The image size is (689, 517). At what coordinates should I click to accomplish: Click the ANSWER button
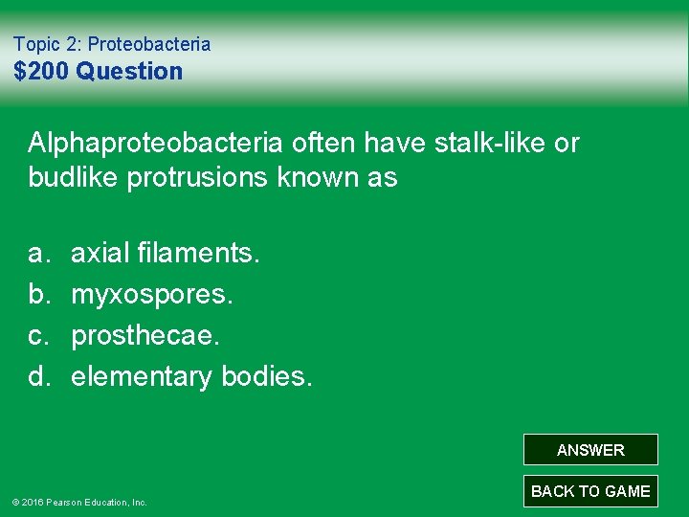tap(590, 450)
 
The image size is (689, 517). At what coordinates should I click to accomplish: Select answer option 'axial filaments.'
tap(165, 254)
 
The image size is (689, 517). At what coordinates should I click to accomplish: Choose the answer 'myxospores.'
tap(151, 295)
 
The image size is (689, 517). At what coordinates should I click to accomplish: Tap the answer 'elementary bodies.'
tap(191, 377)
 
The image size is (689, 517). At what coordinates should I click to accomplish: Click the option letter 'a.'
tap(39, 254)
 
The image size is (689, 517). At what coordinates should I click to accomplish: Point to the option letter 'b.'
tap(39, 295)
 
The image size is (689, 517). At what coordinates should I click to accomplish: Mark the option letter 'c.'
tap(39, 336)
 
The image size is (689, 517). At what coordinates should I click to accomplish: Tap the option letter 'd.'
tap(39, 377)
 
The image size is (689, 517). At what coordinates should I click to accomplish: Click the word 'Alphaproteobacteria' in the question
tap(155, 144)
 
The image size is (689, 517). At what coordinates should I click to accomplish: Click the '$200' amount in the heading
tap(41, 72)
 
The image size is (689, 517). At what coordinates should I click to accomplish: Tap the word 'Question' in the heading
tap(129, 72)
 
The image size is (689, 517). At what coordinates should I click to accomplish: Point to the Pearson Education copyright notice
tap(79, 502)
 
